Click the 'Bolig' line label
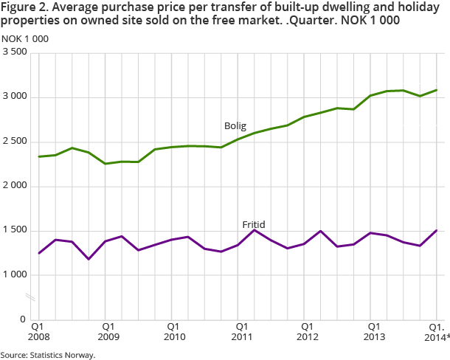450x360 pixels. click(x=235, y=125)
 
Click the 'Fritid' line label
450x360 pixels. click(x=253, y=224)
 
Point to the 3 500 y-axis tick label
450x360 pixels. click(x=15, y=53)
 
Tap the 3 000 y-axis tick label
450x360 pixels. click(x=15, y=97)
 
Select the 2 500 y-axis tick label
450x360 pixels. click(x=15, y=142)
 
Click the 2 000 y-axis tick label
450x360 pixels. click(x=15, y=186)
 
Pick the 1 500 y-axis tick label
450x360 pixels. click(x=15, y=230)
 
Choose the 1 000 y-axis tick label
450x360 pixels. click(x=15, y=274)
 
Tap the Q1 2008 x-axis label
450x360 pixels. click(x=40, y=330)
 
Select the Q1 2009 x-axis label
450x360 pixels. click(x=107, y=330)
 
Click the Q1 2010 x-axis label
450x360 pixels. click(x=174, y=330)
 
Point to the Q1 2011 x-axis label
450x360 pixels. click(x=240, y=330)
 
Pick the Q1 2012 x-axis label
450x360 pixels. click(x=307, y=330)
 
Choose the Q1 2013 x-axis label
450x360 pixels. click(x=374, y=330)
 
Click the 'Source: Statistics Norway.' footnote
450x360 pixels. click(x=48, y=354)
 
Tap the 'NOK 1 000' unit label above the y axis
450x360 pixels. click(x=25, y=38)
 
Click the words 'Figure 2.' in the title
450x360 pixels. click(x=24, y=8)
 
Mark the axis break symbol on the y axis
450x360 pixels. click(x=30, y=297)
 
